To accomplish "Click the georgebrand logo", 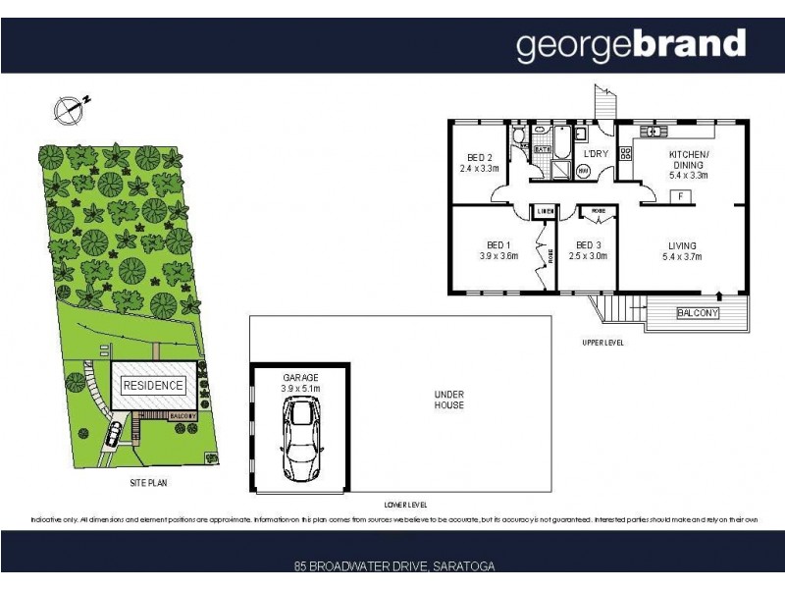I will (631, 44).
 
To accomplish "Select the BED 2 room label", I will (480, 162).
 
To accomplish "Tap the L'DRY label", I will (596, 155).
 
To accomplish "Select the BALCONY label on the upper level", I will (698, 313).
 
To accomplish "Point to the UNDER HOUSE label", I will (449, 400).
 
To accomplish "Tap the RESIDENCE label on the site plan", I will (153, 386).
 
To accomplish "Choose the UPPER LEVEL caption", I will (602, 343).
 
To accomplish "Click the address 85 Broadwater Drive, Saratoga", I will (393, 566).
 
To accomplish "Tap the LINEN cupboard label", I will (544, 211).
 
